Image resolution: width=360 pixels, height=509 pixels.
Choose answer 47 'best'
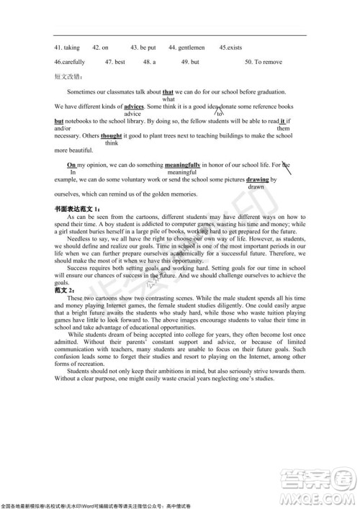coord(115,62)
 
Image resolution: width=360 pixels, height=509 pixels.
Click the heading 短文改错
coord(68,76)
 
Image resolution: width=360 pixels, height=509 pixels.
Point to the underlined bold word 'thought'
coord(111,135)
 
